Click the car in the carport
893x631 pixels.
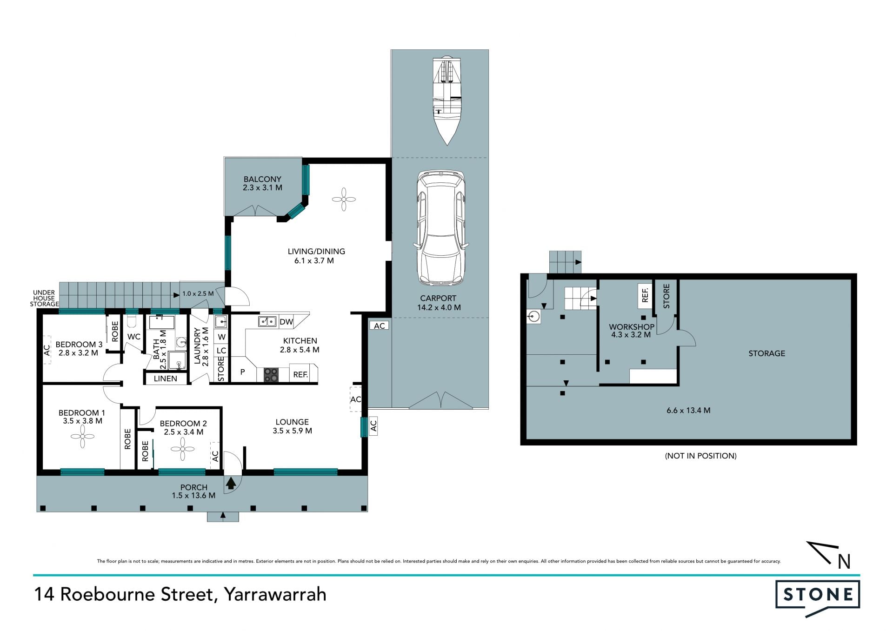440,228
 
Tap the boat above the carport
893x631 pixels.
447,100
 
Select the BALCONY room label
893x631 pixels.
262,179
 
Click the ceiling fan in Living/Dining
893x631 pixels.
344,199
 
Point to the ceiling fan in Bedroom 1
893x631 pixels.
82,437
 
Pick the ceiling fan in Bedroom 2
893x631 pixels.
182,449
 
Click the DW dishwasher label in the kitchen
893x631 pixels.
287,322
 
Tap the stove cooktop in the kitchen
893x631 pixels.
271,375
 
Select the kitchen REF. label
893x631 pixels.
300,374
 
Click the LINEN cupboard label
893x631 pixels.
166,379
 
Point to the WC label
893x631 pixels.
134,337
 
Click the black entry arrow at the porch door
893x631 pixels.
231,484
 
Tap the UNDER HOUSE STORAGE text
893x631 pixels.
44,299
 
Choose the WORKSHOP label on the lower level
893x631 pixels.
632,327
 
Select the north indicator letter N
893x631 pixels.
844,562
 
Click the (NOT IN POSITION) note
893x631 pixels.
700,456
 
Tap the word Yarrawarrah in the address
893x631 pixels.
275,595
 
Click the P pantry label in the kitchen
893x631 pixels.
242,372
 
